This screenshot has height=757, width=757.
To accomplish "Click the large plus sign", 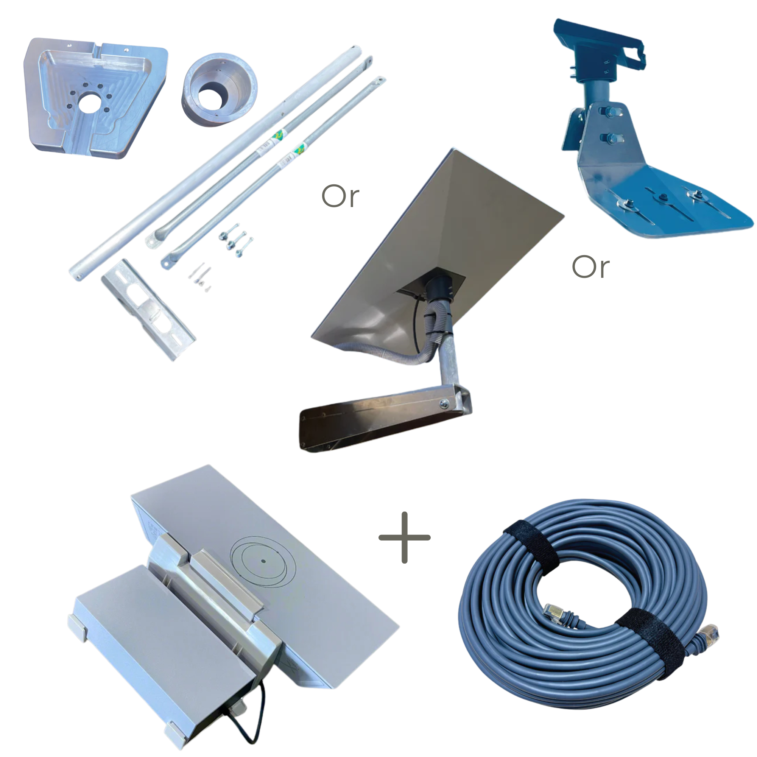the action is [404, 537].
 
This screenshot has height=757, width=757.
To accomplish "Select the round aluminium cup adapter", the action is [219, 90].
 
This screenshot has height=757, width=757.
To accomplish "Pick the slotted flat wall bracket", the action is [148, 309].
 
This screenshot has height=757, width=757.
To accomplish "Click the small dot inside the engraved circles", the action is [263, 561].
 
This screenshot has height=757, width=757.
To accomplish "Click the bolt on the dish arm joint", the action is [444, 403].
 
